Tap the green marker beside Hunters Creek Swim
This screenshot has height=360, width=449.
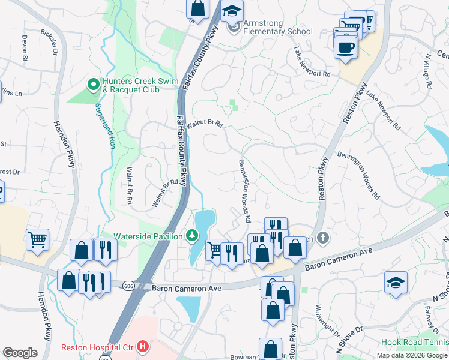pos(93,85)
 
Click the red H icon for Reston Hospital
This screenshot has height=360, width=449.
pos(142,347)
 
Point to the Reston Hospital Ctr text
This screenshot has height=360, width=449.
pos(98,347)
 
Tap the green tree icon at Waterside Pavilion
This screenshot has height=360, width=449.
pos(191,236)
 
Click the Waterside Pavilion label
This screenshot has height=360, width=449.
pos(148,236)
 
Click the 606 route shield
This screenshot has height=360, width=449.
pos(128,286)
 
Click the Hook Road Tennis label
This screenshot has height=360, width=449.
pos(414,343)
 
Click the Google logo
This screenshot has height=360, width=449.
pos(20,353)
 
